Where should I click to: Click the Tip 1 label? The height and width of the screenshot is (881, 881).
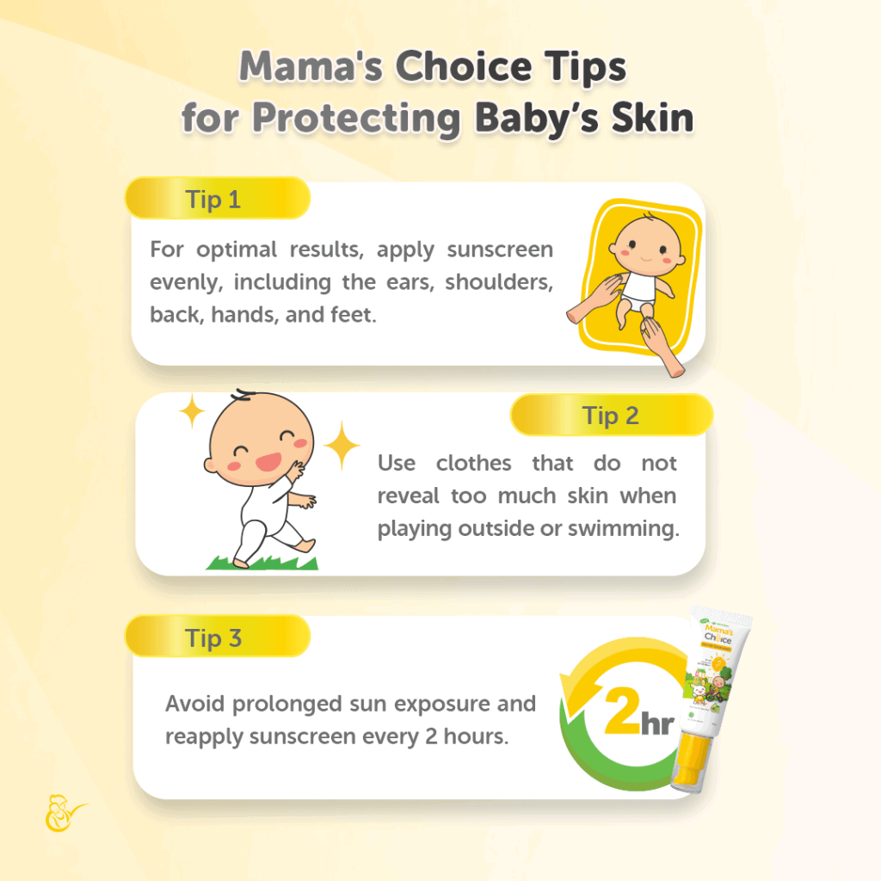(213, 200)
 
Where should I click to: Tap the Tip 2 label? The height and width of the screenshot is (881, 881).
(611, 416)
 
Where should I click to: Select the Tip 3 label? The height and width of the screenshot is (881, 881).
(213, 638)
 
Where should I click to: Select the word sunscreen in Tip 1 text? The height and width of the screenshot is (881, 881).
(499, 250)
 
